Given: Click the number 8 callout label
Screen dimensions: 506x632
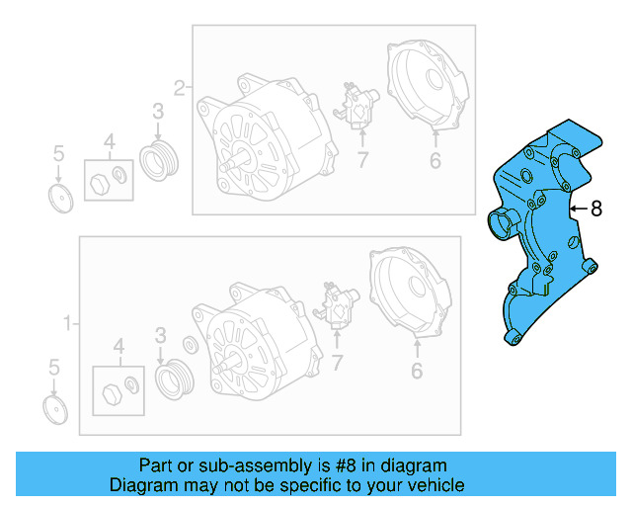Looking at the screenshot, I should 596,209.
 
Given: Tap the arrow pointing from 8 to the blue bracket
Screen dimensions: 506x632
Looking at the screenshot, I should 580,209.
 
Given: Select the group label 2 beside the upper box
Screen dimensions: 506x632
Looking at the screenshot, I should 179,88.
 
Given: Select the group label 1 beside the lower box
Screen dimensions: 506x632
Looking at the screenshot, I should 67,323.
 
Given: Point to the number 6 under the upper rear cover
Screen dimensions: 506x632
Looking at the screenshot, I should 434,162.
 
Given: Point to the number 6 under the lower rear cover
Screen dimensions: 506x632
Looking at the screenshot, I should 417,372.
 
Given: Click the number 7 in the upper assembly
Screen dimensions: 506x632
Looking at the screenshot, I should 361,161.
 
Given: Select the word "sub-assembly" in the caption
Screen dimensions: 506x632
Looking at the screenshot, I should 249,465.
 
